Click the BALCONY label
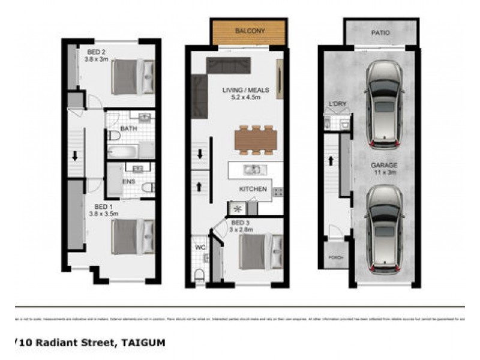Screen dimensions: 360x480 [250, 30]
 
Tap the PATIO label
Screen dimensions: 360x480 [380, 33]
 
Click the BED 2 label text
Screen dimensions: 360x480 [97, 55]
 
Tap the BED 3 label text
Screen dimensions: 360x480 [241, 226]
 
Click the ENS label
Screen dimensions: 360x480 [128, 181]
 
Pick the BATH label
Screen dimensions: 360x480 [129, 128]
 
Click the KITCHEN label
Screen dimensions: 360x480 [253, 189]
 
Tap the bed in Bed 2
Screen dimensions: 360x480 [133, 76]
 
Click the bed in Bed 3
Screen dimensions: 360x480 [260, 251]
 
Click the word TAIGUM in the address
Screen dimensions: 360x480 [143, 343]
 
